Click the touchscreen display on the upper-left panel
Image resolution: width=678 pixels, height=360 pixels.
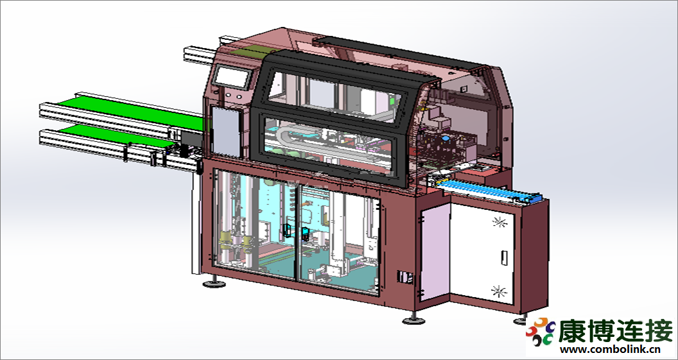[231, 76]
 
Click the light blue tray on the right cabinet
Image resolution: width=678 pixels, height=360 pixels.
[482, 190]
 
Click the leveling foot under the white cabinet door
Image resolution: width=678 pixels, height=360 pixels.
[521, 319]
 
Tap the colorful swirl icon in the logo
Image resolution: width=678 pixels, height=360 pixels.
[541, 331]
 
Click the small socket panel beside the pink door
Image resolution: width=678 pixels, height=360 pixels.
[404, 277]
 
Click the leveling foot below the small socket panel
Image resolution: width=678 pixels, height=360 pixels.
[412, 319]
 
